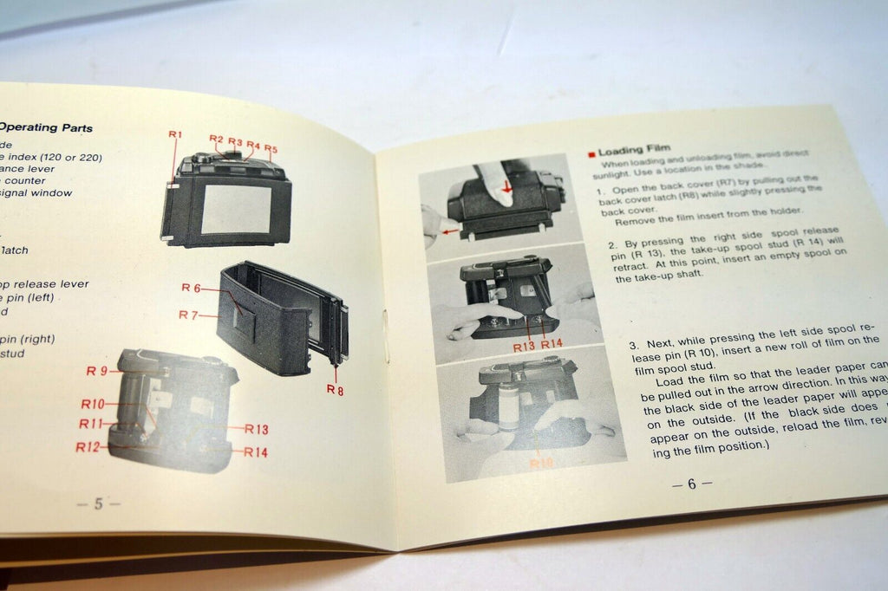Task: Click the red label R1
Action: click(x=175, y=134)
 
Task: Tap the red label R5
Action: click(x=271, y=148)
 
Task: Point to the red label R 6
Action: click(x=192, y=288)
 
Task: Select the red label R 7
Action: click(x=189, y=315)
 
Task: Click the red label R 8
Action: click(x=335, y=390)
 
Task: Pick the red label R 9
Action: click(x=97, y=371)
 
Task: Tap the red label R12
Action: click(x=88, y=447)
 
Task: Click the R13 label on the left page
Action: click(x=257, y=429)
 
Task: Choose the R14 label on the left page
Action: click(x=256, y=451)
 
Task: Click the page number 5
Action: click(x=98, y=504)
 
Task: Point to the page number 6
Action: click(x=691, y=484)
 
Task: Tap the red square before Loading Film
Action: click(x=591, y=153)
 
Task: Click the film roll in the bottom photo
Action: click(x=508, y=410)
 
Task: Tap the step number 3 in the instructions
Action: click(x=634, y=346)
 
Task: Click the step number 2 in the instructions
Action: click(x=611, y=245)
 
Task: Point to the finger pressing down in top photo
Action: click(x=497, y=183)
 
